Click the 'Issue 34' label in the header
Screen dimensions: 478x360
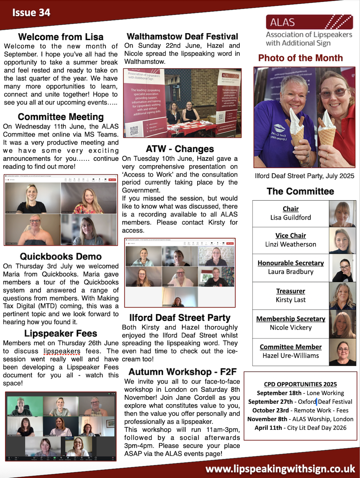point(31,13)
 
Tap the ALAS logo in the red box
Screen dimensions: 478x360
point(309,22)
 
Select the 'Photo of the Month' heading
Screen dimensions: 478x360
point(300,58)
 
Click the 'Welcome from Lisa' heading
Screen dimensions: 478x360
point(61,37)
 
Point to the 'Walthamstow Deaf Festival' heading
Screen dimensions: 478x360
point(182,36)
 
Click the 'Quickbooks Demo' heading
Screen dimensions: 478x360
point(61,257)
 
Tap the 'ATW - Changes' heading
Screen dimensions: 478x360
point(180,149)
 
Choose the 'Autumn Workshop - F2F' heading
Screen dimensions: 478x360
point(182,372)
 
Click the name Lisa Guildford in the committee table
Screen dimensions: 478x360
point(291,218)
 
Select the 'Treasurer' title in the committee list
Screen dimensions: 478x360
point(291,291)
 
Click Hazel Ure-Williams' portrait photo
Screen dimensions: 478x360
point(342,352)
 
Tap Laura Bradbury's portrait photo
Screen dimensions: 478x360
point(342,268)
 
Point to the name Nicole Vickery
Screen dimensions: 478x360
point(291,328)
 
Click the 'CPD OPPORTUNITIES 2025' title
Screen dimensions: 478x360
point(300,384)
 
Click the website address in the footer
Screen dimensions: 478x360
point(280,469)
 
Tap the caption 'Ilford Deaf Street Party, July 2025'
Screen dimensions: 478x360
point(304,176)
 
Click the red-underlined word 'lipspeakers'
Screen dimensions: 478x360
point(62,351)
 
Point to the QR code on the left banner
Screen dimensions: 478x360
point(134,130)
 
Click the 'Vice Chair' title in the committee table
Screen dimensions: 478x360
point(291,236)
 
